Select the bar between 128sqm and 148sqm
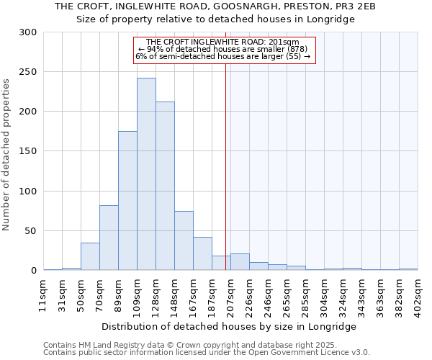(165, 186)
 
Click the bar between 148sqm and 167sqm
(184, 241)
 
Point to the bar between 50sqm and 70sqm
(90, 256)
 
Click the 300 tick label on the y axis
(29, 32)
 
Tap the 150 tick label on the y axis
(29, 152)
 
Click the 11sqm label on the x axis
(44, 294)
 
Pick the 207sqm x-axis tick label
(231, 294)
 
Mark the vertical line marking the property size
(225, 166)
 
